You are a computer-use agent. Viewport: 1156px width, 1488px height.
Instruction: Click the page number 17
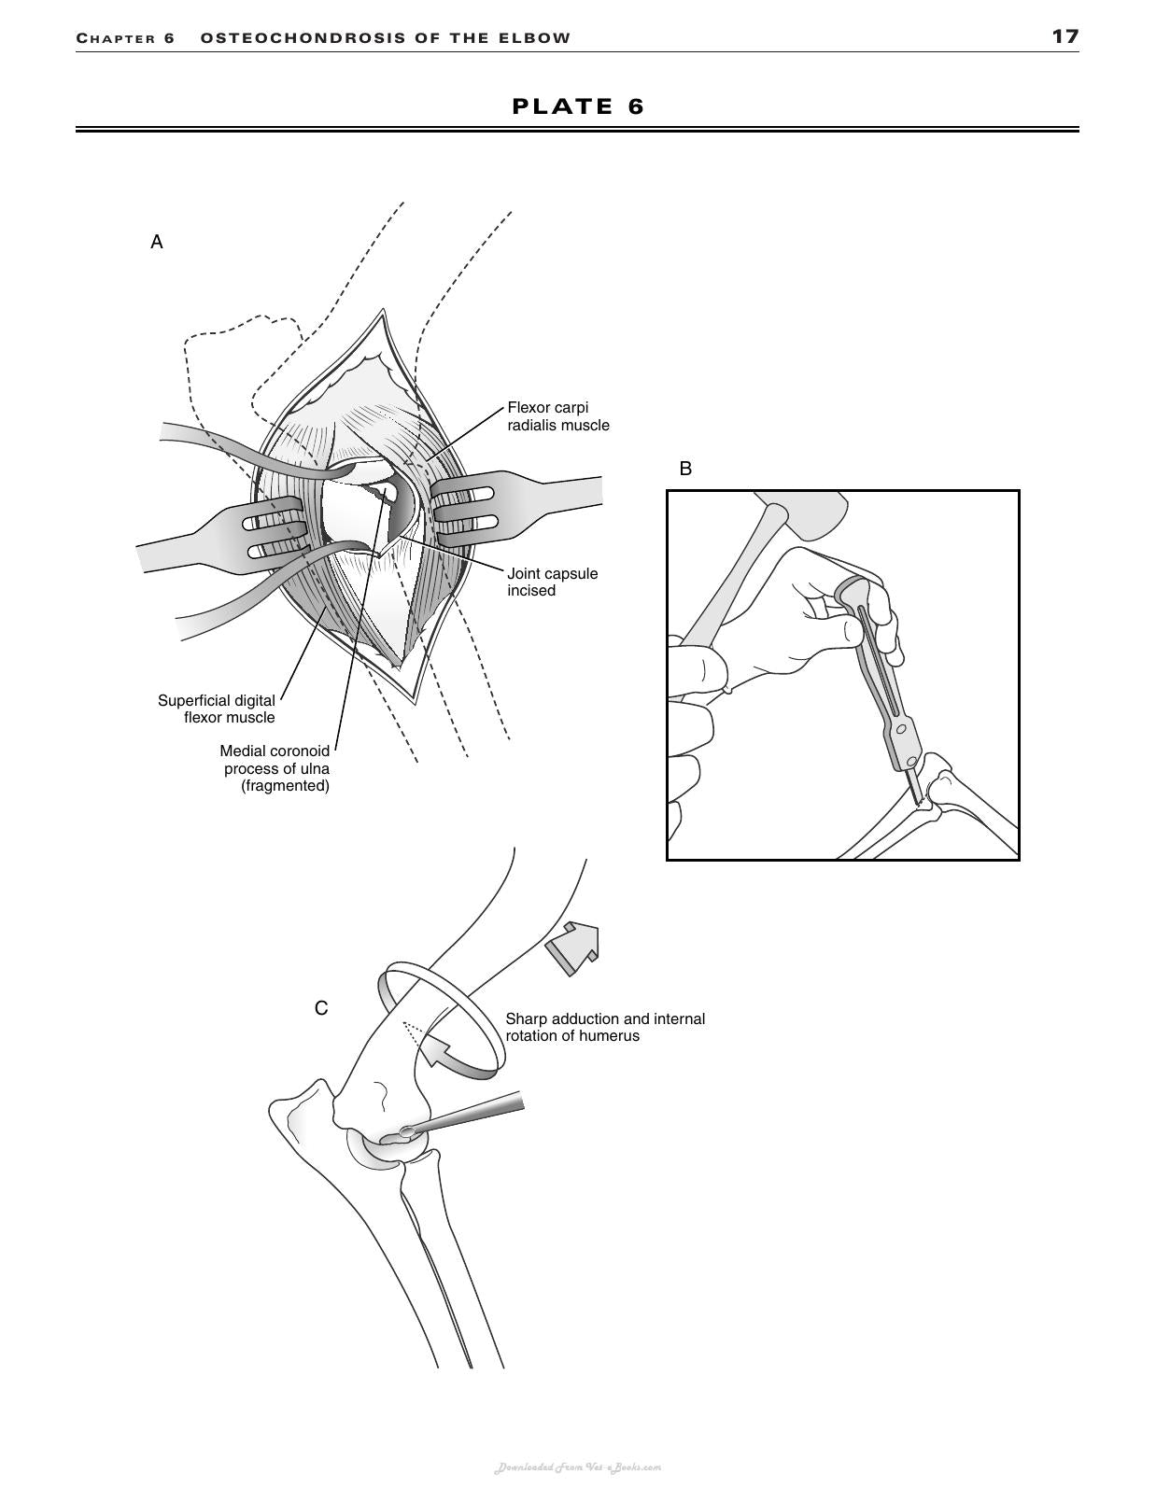(1064, 37)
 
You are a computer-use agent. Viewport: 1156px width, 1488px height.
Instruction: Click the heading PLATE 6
(578, 106)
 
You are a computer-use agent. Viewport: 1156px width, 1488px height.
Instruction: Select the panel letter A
(157, 242)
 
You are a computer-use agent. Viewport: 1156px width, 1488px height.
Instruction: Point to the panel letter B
(685, 469)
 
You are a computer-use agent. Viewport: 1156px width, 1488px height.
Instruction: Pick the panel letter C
(320, 1008)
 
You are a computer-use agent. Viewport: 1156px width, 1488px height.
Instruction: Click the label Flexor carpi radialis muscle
(558, 416)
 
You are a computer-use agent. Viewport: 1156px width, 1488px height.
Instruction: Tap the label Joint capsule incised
(552, 583)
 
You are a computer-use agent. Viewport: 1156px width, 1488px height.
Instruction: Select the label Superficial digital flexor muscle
(217, 709)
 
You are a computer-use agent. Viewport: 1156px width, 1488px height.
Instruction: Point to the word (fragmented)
(285, 785)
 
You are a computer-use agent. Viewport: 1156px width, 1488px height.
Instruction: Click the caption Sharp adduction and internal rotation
(605, 1027)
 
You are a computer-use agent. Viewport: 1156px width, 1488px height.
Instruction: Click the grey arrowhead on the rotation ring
(433, 1051)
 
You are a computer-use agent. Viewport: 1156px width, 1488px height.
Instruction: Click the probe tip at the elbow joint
(407, 1132)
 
